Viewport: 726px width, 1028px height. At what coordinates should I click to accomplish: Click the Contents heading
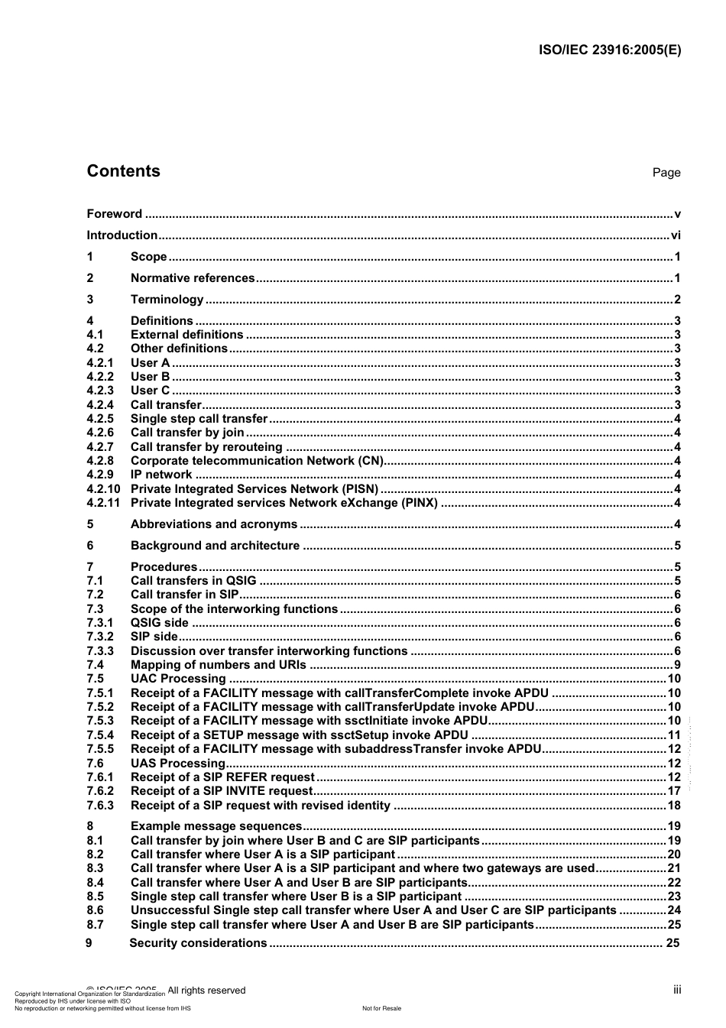tap(123, 171)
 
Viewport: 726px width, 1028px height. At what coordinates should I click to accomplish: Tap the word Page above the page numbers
tap(666, 173)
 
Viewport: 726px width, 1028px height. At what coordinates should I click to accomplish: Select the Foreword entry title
tap(114, 214)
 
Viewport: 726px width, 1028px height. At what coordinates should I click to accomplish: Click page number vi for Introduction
tap(675, 235)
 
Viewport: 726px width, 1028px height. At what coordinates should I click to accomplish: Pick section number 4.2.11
tap(103, 503)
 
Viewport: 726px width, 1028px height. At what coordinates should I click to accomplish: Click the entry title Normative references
tap(193, 278)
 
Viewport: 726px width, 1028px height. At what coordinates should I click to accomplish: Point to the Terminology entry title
tap(167, 300)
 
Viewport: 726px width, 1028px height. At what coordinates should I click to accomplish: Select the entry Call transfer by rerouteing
tap(206, 447)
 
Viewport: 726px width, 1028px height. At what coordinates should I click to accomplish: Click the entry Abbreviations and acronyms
tap(214, 524)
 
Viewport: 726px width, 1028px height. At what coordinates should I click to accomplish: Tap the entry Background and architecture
tap(215, 546)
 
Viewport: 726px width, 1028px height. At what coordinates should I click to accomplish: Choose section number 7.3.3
tap(100, 651)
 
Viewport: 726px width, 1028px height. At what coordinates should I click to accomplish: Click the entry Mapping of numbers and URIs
tap(218, 665)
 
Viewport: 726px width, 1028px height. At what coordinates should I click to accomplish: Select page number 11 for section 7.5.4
tap(673, 735)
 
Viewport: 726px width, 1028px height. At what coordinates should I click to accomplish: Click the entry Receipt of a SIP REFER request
tap(222, 777)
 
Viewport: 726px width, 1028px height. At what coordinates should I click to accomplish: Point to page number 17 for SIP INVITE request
tap(673, 791)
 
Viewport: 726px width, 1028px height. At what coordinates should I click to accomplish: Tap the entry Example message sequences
tap(216, 826)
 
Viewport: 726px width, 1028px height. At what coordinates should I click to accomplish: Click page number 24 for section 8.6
tap(673, 910)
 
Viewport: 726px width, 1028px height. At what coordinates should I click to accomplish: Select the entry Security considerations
tap(198, 943)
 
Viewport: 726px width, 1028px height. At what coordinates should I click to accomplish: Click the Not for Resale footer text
tap(381, 1008)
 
